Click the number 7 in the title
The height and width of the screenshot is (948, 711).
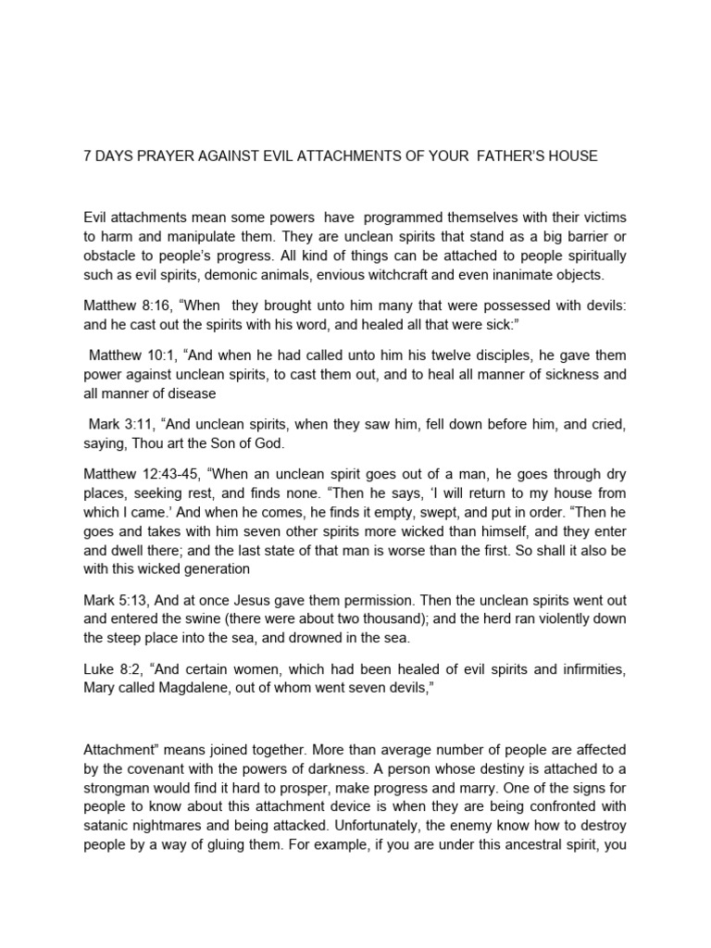[x=88, y=156]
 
